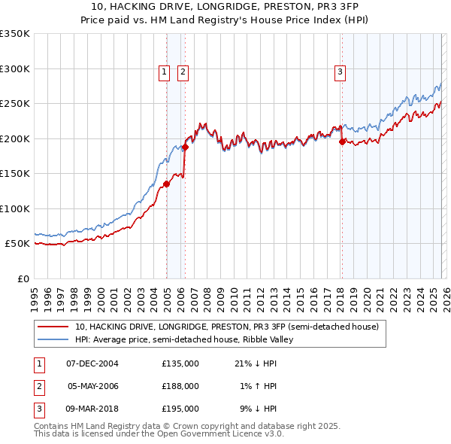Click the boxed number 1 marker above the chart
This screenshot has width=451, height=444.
pos(164,72)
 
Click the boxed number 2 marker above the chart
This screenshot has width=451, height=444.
pos(183,72)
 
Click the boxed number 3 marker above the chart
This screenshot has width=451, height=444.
pos(340,72)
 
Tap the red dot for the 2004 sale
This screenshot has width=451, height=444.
pos(166,184)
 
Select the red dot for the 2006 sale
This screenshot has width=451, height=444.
pos(185,147)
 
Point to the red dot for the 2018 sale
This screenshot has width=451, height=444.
pos(342,141)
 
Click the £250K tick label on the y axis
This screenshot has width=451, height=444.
pos(15,104)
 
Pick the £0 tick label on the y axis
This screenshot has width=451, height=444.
pos(23,279)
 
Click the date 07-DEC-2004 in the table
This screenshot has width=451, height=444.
pos(92,363)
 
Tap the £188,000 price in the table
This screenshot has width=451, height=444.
pos(180,386)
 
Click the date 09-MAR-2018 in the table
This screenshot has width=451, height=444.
pos(92,409)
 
